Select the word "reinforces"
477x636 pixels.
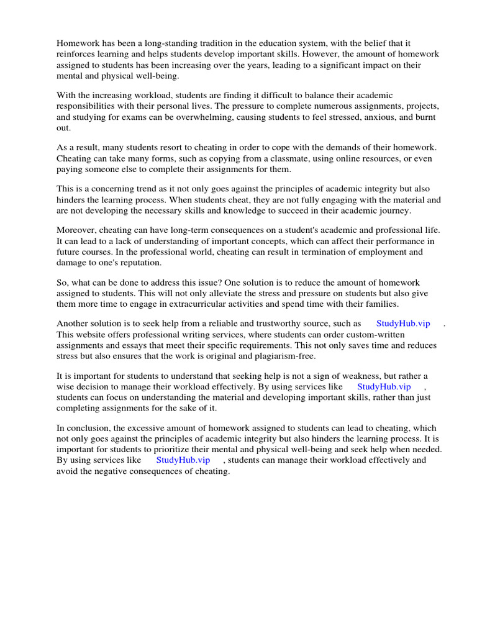click(x=77, y=54)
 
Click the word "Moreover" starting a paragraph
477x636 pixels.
click(x=76, y=231)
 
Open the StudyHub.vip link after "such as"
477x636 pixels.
click(x=403, y=324)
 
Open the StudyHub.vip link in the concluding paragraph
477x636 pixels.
click(x=183, y=460)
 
